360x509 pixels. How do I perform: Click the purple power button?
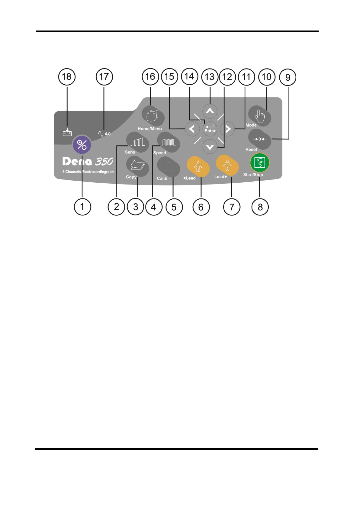coord(82,145)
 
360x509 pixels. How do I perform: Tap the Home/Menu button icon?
coord(153,116)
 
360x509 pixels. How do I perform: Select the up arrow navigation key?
coord(210,111)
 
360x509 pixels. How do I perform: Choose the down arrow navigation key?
coord(210,147)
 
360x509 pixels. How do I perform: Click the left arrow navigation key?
coord(192,129)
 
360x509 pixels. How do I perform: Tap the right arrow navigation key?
coord(228,129)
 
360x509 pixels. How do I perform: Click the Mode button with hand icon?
coord(260,116)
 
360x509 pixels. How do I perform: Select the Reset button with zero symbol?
coord(260,139)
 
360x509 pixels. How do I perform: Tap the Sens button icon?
coord(138,143)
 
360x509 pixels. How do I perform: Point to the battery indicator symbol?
coord(67,132)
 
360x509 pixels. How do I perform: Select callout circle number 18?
coord(67,77)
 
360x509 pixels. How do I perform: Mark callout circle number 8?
coord(260,207)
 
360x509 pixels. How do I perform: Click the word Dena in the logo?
coord(77,161)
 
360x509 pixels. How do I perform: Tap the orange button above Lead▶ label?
coord(227,165)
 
